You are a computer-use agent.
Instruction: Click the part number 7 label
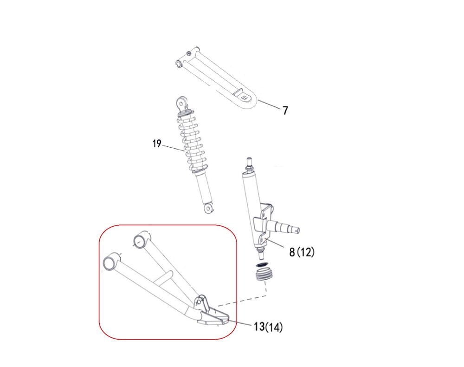[x=285, y=111]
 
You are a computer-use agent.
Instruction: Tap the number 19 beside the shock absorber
[x=157, y=144]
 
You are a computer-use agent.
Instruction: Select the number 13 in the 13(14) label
[x=259, y=327]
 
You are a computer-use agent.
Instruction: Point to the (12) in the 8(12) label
[x=306, y=252]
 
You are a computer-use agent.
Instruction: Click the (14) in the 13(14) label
[x=274, y=327]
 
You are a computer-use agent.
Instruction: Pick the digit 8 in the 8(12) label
[x=292, y=252]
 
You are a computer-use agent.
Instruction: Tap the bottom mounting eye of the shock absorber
[x=209, y=208]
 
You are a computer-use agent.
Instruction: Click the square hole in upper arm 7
[x=244, y=98]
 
